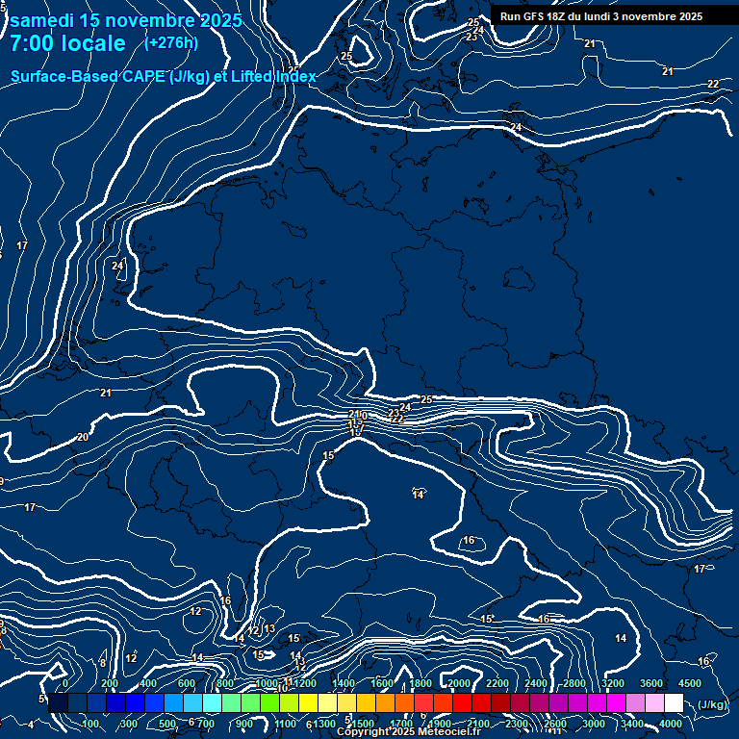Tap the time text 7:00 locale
pyautogui.click(x=67, y=43)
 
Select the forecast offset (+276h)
pyautogui.click(x=171, y=42)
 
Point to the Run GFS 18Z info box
pyautogui.click(x=600, y=16)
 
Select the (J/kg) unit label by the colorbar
pyautogui.click(x=712, y=704)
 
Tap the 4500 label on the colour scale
pyautogui.click(x=689, y=683)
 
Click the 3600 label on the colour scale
pyautogui.click(x=650, y=683)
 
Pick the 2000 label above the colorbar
pyautogui.click(x=458, y=683)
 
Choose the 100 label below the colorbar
pyautogui.click(x=90, y=724)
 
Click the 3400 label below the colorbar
pyautogui.click(x=632, y=724)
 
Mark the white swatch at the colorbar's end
pyautogui.click(x=674, y=703)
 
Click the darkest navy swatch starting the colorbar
pyautogui.click(x=58, y=703)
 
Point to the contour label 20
pyautogui.click(x=82, y=437)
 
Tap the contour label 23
pyautogui.click(x=394, y=412)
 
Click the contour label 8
pyautogui.click(x=102, y=663)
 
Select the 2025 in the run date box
pyautogui.click(x=684, y=16)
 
